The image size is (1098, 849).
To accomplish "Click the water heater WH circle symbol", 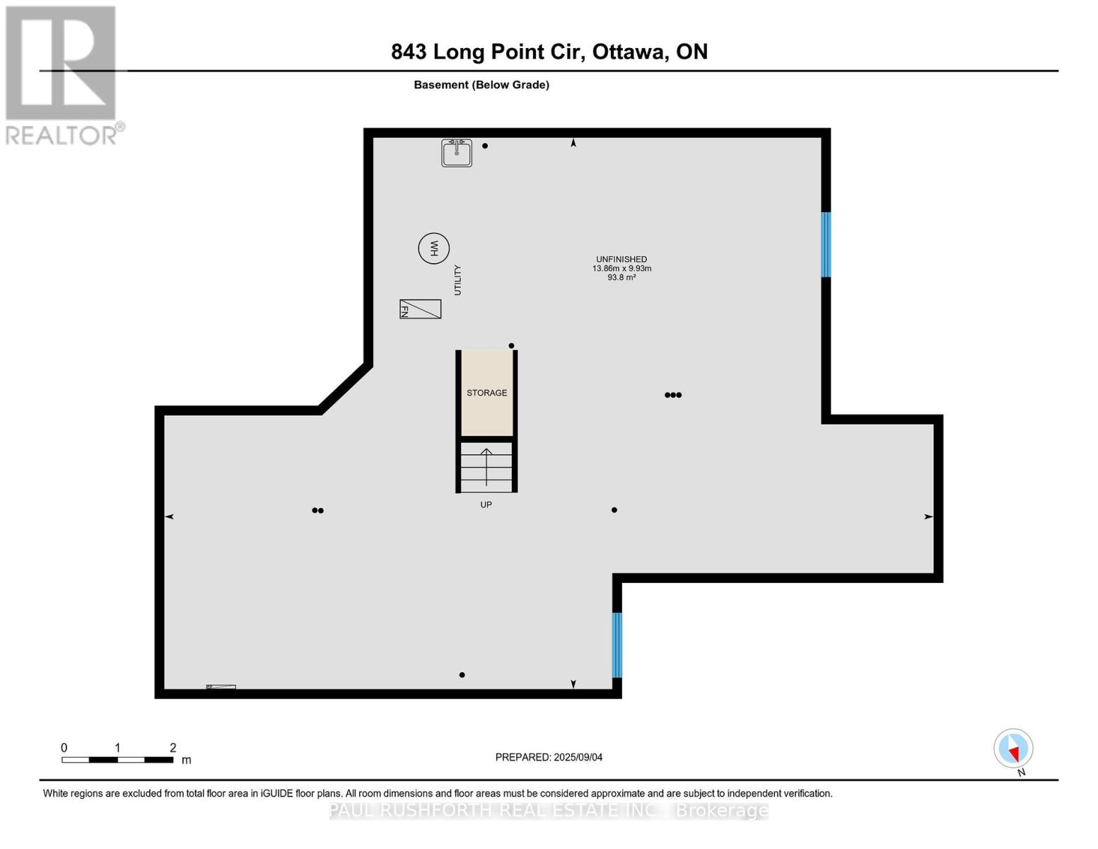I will click(x=433, y=248).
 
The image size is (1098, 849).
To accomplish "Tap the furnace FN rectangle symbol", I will click(x=420, y=309).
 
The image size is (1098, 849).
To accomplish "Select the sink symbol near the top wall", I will click(x=457, y=153).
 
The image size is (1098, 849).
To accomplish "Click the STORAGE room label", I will click(x=486, y=393).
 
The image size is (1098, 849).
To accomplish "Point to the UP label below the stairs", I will click(x=486, y=504).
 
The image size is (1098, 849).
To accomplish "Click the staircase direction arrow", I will click(x=486, y=467).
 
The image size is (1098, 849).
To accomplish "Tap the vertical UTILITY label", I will click(x=457, y=280).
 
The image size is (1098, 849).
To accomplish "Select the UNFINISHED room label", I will click(x=621, y=259).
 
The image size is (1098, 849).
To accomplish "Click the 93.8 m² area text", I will click(x=621, y=277).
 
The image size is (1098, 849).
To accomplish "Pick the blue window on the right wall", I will click(x=825, y=244).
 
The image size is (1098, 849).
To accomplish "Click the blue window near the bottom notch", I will click(x=617, y=645).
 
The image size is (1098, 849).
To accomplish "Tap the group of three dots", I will click(x=673, y=395).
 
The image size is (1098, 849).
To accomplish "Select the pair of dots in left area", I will click(x=317, y=510).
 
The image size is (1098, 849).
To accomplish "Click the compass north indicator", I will click(x=1013, y=749).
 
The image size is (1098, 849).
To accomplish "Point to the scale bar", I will click(x=117, y=760).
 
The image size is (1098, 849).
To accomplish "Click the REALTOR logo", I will click(x=62, y=75).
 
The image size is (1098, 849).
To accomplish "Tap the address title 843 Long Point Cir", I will click(x=549, y=52).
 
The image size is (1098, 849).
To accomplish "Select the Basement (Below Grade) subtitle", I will click(x=481, y=85).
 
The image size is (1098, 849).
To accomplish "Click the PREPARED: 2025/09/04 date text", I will click(x=549, y=757).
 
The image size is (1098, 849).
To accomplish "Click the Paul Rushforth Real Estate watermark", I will click(x=549, y=810).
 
